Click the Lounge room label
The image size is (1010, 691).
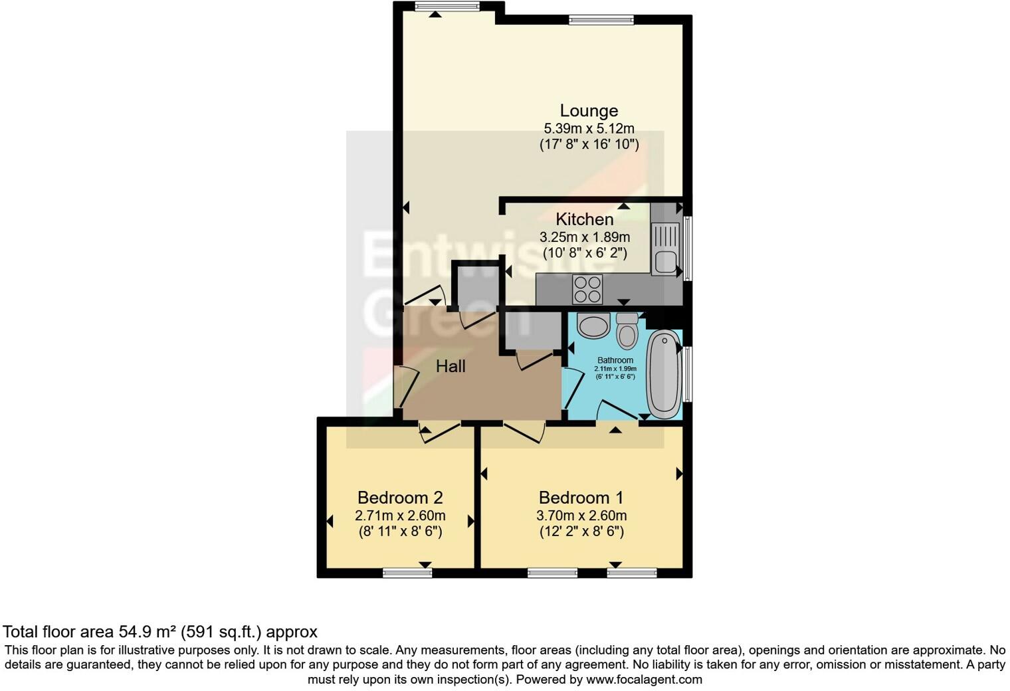pos(589,111)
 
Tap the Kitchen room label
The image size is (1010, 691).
pos(584,219)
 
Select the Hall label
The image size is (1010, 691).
pos(451,366)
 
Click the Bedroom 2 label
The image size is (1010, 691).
pos(400,498)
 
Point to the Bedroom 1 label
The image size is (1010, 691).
pos(581,498)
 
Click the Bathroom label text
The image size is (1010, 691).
pos(615,360)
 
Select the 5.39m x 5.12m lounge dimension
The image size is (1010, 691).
pos(589,128)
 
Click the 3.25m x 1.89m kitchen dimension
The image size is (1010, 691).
pos(585,237)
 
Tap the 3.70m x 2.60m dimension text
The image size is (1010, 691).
pos(581,516)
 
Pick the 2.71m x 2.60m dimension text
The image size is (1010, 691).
pos(400,516)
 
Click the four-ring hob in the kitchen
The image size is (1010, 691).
pos(587,290)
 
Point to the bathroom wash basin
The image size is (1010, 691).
pos(593,326)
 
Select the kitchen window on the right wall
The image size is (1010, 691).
pos(688,247)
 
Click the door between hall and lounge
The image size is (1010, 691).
pos(425,297)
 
